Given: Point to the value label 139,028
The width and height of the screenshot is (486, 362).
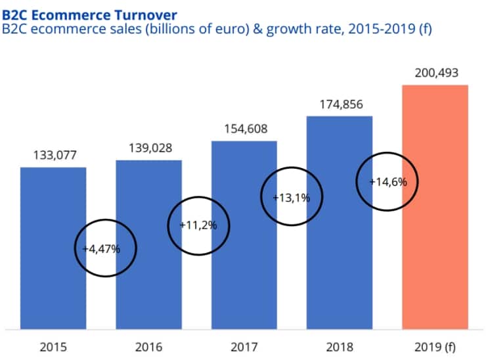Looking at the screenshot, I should click(150, 148).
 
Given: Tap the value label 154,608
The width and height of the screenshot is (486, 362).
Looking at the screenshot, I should click(244, 129).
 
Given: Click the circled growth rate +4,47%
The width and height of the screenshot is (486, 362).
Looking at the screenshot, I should click(106, 249).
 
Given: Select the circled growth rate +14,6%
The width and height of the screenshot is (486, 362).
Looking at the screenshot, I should click(388, 182).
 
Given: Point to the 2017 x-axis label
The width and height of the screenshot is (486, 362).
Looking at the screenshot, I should click(244, 346).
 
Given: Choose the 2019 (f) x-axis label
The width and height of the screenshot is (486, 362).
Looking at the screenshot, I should click(436, 346).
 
